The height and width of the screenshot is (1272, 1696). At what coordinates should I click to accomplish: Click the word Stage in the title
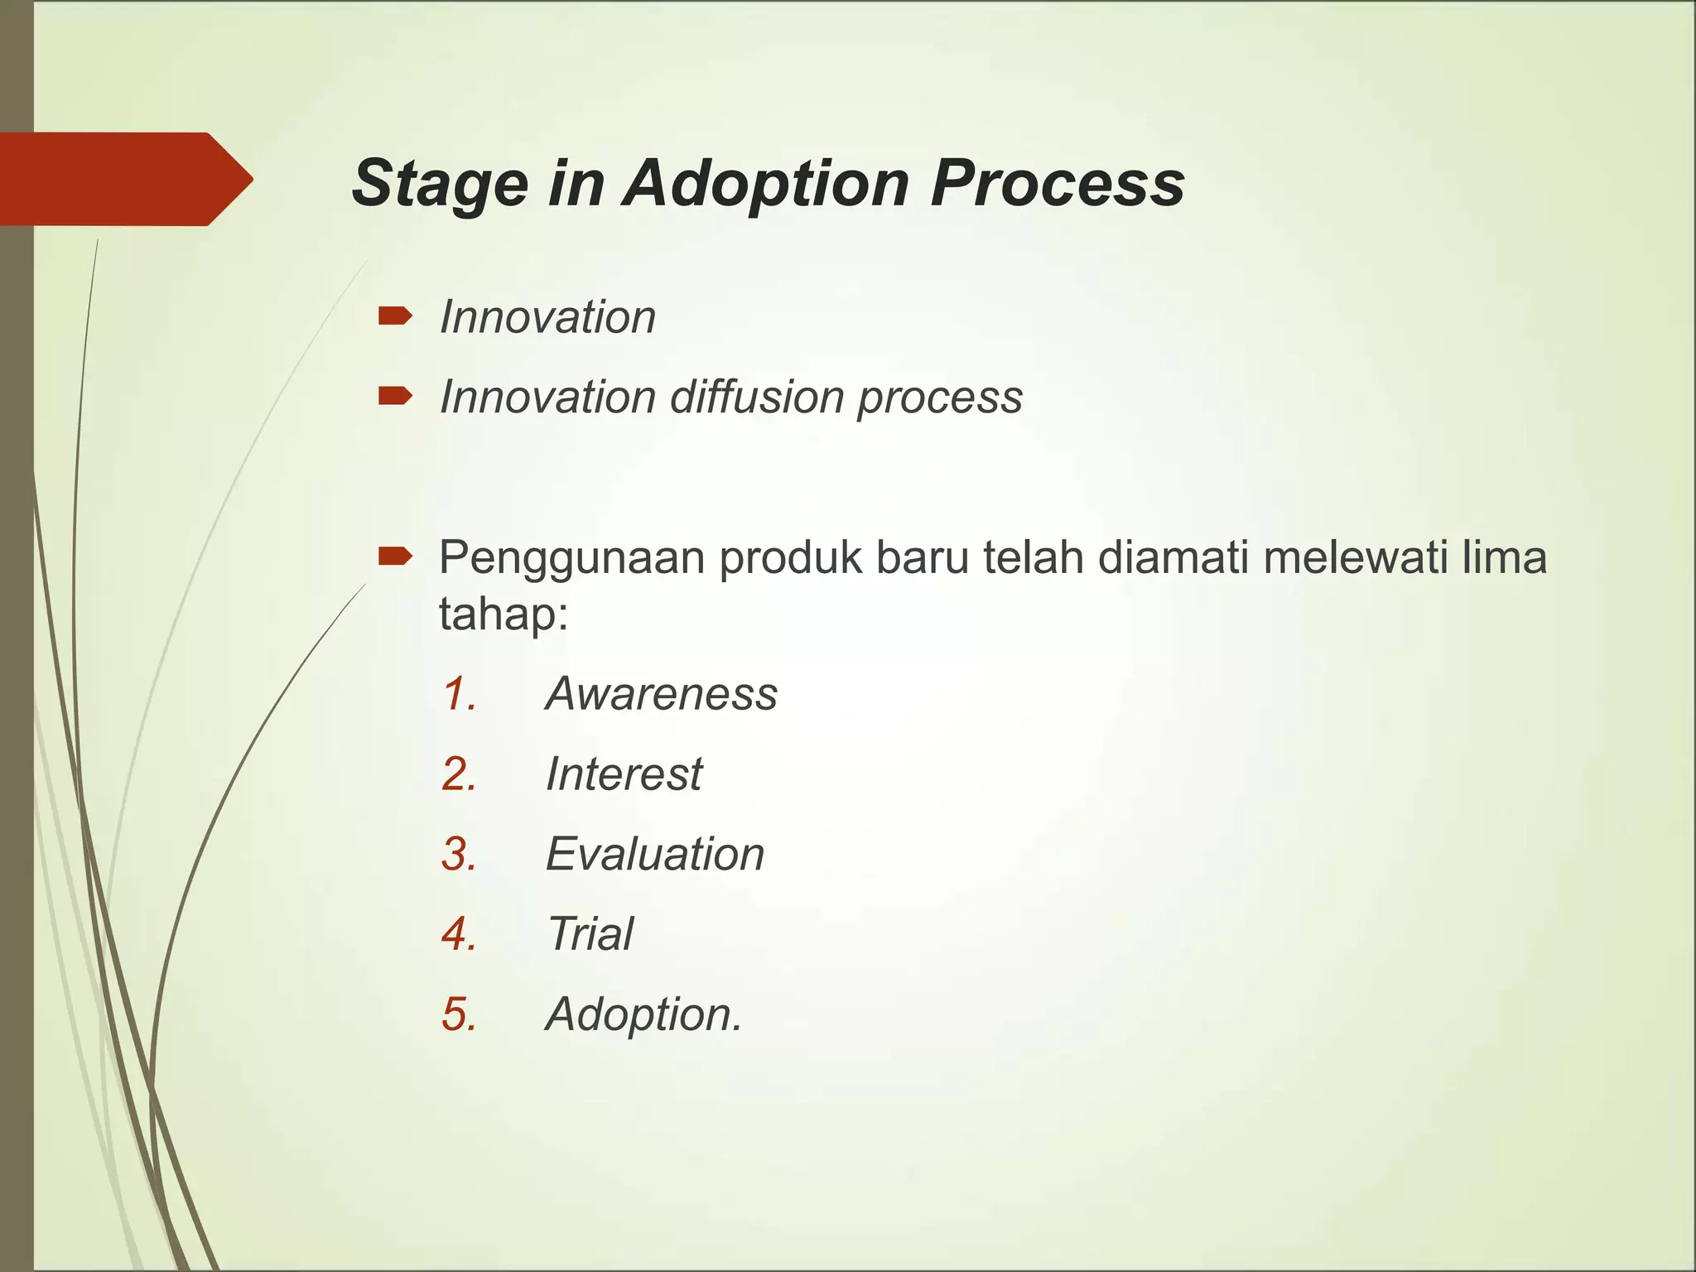click(440, 184)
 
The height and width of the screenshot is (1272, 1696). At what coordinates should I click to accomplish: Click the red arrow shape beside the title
click(124, 179)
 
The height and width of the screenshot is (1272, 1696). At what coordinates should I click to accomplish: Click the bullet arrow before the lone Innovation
click(395, 316)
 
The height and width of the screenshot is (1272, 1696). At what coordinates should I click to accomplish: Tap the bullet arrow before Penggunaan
click(395, 556)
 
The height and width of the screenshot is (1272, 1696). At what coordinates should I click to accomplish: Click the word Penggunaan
click(571, 558)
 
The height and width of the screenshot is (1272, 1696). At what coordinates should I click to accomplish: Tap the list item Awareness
click(661, 693)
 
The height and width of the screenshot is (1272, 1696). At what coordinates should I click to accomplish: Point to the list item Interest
click(624, 773)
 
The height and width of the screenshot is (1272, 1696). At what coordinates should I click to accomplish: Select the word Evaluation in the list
click(654, 854)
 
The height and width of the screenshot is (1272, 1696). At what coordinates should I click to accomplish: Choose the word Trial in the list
click(590, 934)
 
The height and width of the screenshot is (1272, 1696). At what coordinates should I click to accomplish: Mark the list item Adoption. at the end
click(643, 1014)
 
